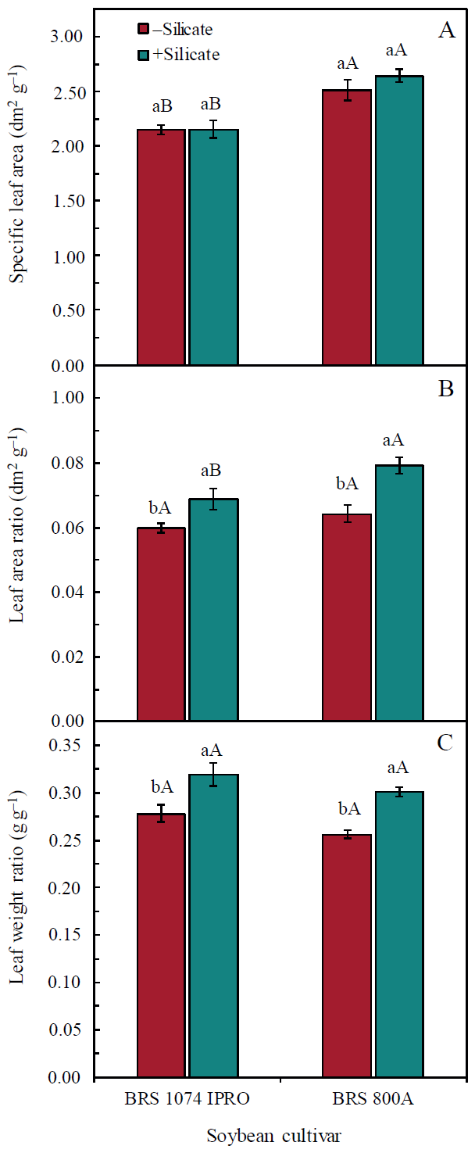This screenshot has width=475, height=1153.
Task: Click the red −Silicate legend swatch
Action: pyautogui.click(x=143, y=29)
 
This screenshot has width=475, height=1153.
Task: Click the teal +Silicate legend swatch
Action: pyautogui.click(x=143, y=54)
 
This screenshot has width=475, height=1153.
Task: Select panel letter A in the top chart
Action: pyautogui.click(x=446, y=30)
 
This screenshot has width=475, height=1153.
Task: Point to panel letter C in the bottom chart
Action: pyautogui.click(x=446, y=742)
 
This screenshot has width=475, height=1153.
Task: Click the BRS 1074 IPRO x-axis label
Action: pyautogui.click(x=187, y=1100)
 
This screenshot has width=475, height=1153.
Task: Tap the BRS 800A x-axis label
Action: pyautogui.click(x=373, y=1100)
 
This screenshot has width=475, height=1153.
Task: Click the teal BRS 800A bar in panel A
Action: pyautogui.click(x=398, y=220)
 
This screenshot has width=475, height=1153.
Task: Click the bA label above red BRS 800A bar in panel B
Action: pyautogui.click(x=347, y=484)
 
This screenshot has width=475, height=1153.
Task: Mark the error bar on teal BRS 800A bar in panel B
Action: pyautogui.click(x=398, y=465)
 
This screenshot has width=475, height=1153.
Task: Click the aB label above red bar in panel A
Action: pyautogui.click(x=162, y=106)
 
